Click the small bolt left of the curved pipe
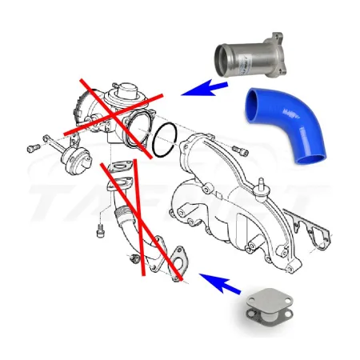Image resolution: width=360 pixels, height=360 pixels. [101, 231]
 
